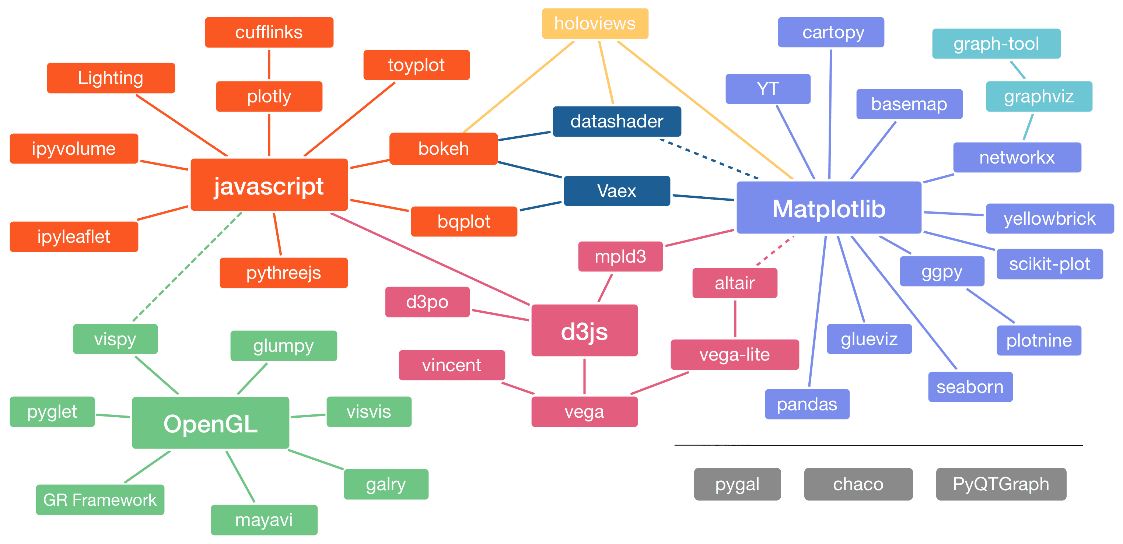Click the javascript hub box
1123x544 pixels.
click(269, 185)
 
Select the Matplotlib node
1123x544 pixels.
click(829, 208)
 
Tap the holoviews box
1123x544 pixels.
click(595, 24)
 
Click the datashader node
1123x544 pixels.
click(616, 121)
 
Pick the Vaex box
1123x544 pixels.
click(616, 191)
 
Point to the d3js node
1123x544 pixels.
click(584, 331)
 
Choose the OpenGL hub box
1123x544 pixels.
click(211, 423)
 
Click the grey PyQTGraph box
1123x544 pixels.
click(1001, 484)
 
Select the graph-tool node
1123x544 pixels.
click(996, 43)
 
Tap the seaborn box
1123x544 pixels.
click(970, 387)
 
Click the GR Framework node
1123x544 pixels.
click(100, 499)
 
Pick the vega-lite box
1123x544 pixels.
click(735, 354)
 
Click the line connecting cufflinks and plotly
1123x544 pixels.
click(269, 64)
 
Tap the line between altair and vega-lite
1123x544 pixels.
click(735, 319)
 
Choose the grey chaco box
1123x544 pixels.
click(858, 484)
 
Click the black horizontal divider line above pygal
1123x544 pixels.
click(878, 445)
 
